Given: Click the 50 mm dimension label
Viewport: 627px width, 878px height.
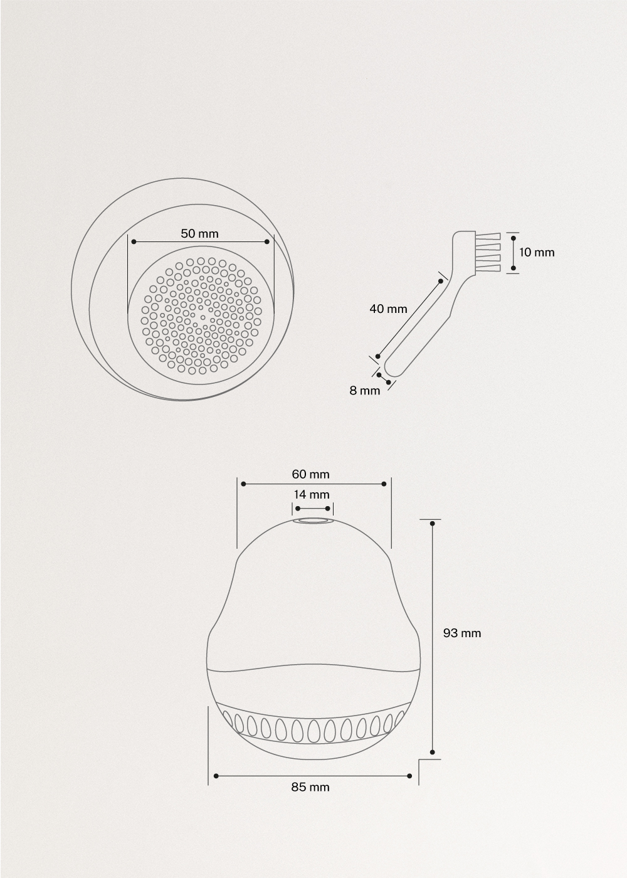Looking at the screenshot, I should (200, 233).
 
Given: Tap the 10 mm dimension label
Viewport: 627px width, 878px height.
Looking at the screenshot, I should (537, 252).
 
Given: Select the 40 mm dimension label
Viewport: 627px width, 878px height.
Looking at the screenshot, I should (388, 309).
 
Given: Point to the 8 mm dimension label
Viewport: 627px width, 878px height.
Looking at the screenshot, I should (365, 390).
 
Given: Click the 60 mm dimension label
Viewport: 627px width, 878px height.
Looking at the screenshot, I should (310, 474).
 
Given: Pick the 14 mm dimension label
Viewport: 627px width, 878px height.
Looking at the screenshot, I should (312, 494).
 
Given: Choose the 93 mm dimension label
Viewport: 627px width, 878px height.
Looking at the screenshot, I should (462, 633).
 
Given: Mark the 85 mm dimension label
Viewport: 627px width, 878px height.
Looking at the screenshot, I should (310, 786).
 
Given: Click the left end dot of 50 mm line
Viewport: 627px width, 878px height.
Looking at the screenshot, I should (134, 241).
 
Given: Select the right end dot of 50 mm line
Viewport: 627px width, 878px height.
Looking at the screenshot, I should (268, 241).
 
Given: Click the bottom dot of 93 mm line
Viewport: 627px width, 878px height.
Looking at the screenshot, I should (432, 752).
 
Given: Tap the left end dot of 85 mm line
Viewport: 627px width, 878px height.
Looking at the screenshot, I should (216, 776).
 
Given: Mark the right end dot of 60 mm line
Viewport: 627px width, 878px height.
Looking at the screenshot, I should (384, 484).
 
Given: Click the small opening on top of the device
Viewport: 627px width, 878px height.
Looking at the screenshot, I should (312, 521).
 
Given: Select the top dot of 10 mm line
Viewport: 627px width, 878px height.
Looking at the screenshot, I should (514, 237).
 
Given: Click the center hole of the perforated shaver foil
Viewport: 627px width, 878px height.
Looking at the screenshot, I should (202, 317).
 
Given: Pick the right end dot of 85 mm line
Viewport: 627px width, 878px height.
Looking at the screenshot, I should (410, 776).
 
